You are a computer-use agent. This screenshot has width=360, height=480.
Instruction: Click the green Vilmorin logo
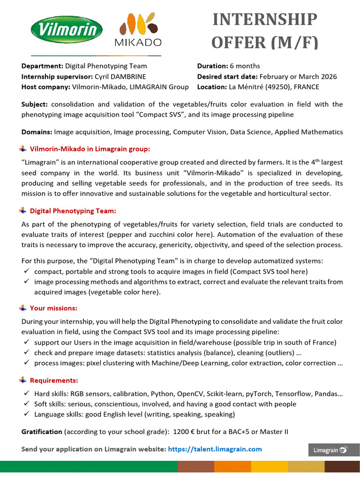67,30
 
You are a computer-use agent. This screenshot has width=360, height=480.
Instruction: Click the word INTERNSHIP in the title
265,20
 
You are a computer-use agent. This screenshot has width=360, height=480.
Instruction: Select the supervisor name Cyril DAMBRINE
120,76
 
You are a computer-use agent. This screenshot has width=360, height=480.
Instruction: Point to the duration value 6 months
245,66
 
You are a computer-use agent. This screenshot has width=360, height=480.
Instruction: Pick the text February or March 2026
298,76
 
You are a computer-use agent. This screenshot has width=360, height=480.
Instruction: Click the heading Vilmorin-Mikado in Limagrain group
90,149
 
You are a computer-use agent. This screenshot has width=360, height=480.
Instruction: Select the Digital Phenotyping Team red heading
73,211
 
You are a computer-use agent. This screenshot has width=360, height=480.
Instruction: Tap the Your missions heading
53,308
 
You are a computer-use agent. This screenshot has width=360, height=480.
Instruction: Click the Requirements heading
54,380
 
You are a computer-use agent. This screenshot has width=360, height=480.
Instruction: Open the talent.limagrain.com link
215,449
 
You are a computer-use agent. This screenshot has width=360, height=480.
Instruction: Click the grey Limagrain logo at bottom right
333,450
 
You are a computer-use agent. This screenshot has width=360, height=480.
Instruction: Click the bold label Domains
37,132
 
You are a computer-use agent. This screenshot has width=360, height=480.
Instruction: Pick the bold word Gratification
42,431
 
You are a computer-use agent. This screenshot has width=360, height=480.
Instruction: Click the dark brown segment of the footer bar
342,466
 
